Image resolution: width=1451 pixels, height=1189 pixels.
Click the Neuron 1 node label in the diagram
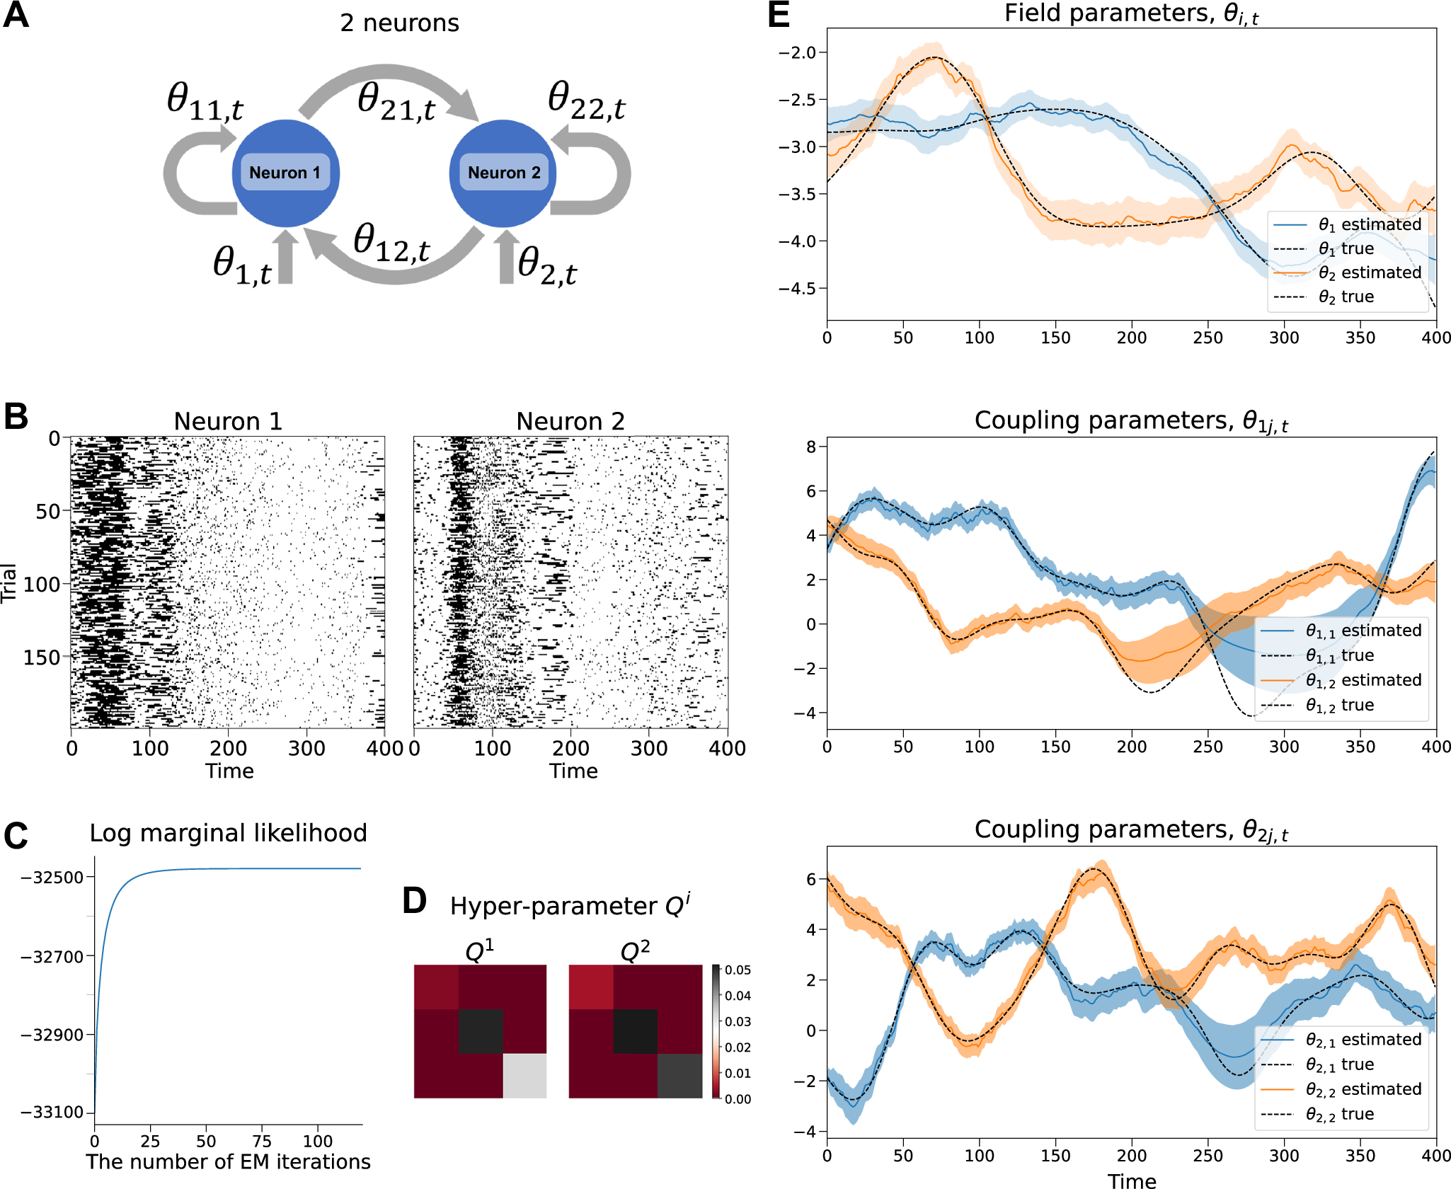tap(285, 173)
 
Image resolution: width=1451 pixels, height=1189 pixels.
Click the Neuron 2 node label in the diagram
tap(504, 173)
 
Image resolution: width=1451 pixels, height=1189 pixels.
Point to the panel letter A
tap(16, 16)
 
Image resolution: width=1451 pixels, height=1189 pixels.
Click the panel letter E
tap(779, 15)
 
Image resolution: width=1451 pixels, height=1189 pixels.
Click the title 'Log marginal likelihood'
tap(228, 833)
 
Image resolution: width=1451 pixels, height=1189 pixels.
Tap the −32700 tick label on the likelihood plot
tap(52, 956)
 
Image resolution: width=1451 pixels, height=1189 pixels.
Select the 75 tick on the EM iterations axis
tap(262, 1141)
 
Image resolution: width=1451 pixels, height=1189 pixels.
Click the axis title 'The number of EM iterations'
tap(228, 1162)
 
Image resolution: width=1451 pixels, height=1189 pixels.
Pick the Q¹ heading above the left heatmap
tap(479, 951)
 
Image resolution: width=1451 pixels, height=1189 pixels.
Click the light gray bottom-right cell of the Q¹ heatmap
tap(524, 1076)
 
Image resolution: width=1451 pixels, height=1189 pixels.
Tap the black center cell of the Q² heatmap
tap(635, 1031)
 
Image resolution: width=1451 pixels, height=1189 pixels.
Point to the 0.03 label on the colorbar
tap(737, 1021)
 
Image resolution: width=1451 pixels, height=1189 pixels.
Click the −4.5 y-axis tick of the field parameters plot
tap(797, 289)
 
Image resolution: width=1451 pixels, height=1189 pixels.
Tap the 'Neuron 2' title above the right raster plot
tap(570, 422)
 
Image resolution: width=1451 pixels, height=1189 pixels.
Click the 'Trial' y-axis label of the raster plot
tap(8, 583)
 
